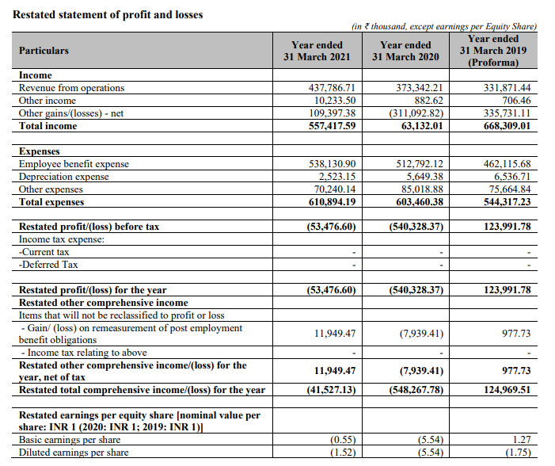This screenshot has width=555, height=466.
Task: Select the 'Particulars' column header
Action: pyautogui.click(x=44, y=51)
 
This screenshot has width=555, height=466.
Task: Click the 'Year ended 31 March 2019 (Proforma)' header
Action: pyautogui.click(x=493, y=51)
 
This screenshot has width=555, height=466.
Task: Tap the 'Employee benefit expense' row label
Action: pyautogui.click(x=74, y=164)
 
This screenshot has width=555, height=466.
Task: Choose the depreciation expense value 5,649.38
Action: pyautogui.click(x=424, y=177)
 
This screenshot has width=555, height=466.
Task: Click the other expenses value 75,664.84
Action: pyautogui.click(x=506, y=189)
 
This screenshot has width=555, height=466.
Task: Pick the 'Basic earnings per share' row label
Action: pyautogui.click(x=70, y=440)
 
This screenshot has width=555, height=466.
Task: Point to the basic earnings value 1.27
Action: pyautogui.click(x=519, y=440)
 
